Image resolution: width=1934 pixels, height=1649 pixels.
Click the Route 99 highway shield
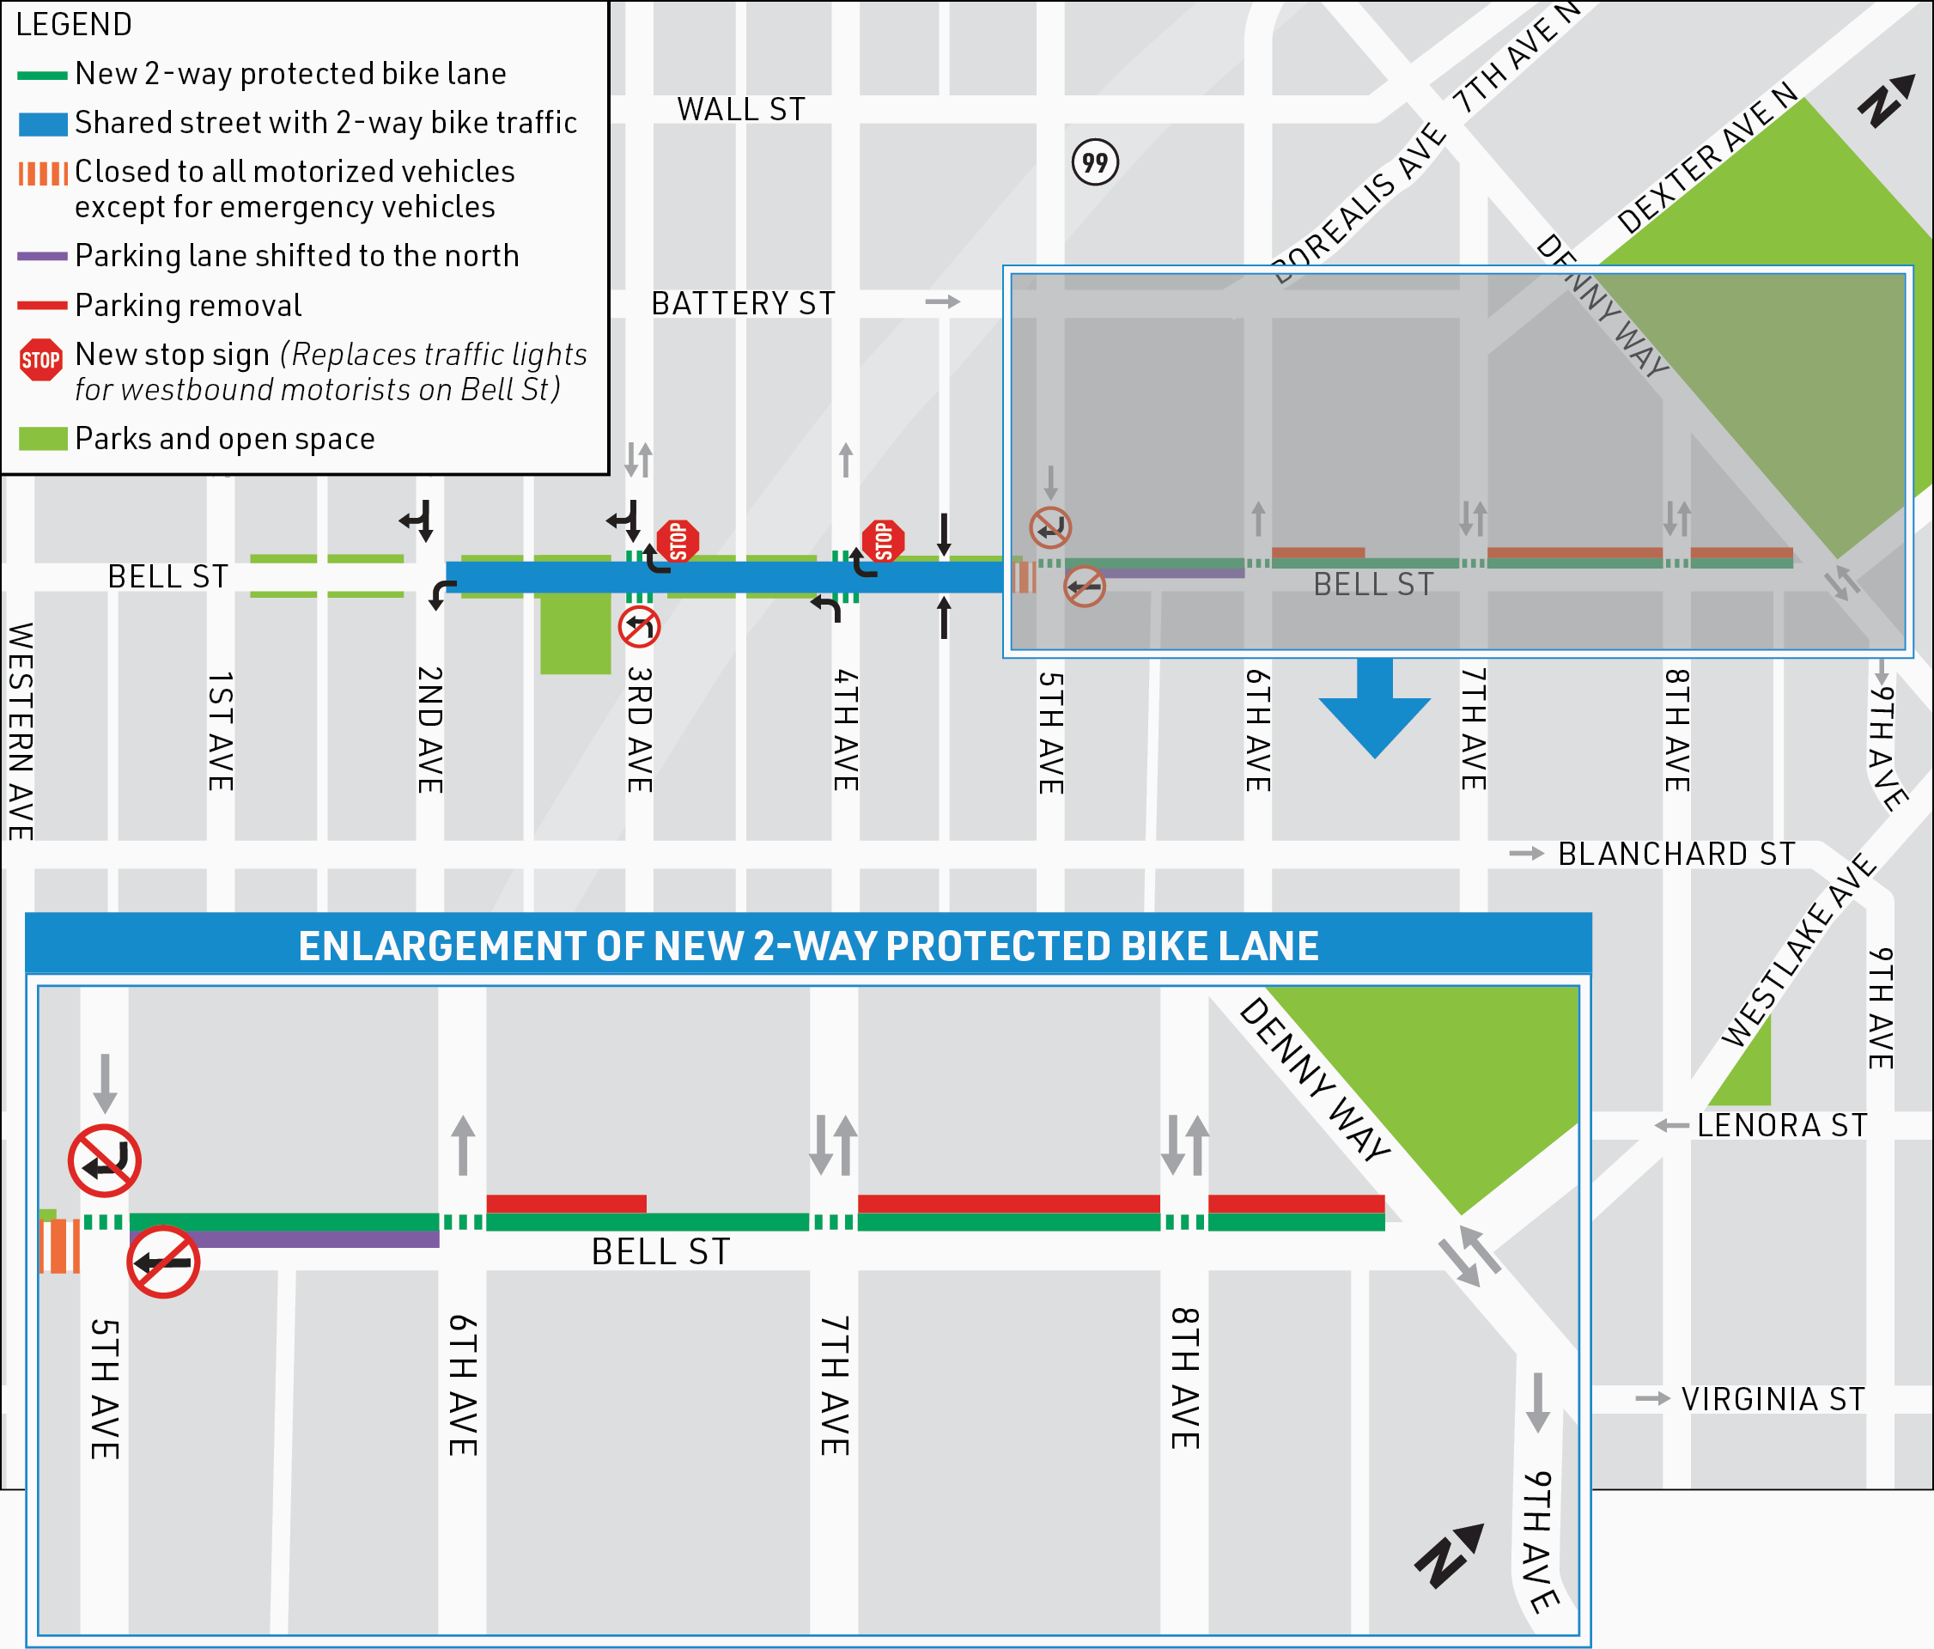click(x=1094, y=162)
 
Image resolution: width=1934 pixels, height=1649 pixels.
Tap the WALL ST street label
click(x=741, y=110)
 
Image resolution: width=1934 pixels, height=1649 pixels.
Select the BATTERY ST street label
click(x=743, y=303)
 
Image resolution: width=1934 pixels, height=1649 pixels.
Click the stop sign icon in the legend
click(x=41, y=360)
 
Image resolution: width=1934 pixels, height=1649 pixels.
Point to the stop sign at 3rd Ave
click(x=678, y=540)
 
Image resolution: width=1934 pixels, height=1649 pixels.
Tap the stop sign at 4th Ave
click(x=883, y=540)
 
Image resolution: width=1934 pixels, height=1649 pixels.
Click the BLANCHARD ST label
click(x=1676, y=854)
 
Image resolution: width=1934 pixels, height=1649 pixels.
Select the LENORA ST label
click(x=1782, y=1125)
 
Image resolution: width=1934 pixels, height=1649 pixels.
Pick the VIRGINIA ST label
click(x=1773, y=1399)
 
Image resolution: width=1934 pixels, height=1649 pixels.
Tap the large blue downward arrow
click(x=1374, y=709)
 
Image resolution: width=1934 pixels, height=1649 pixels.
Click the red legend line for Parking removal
click(x=42, y=305)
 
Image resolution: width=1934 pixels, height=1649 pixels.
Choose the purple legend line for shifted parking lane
click(x=42, y=256)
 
